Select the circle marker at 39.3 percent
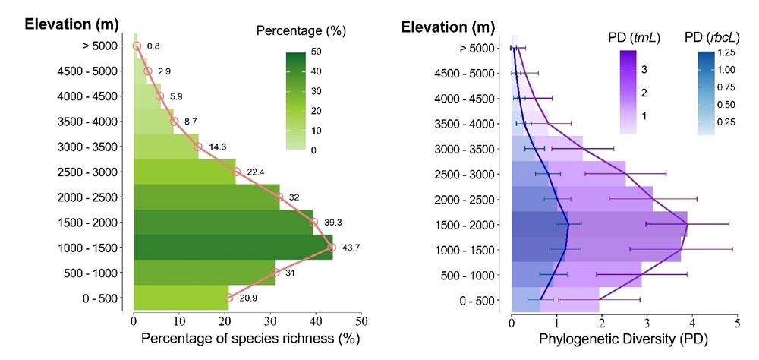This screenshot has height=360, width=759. pyautogui.click(x=314, y=223)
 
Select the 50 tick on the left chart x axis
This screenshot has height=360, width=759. pyautogui.click(x=361, y=320)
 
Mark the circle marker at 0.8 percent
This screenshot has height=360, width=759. pyautogui.click(x=137, y=46)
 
